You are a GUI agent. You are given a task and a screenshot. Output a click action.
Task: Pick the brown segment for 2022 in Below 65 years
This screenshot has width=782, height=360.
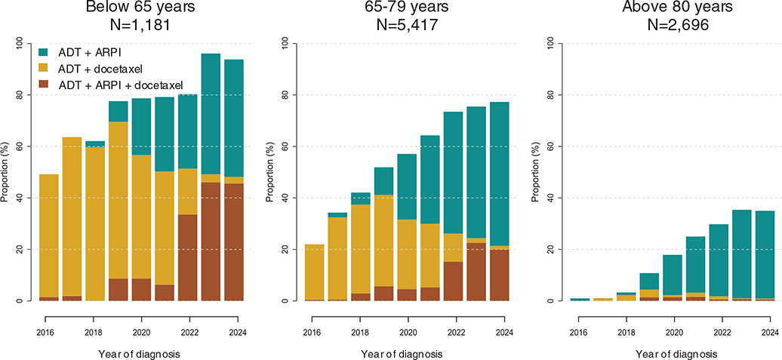click(x=187, y=257)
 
